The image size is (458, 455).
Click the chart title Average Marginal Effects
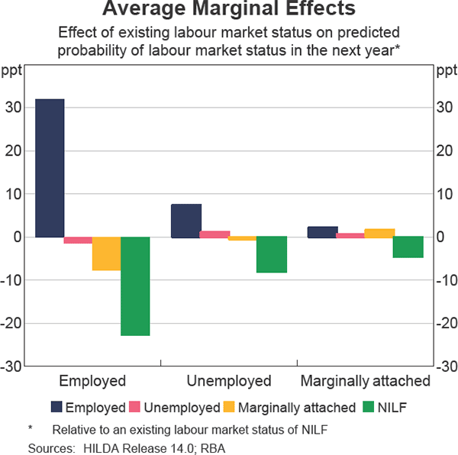tap(228, 11)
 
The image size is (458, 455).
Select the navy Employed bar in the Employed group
tap(50, 168)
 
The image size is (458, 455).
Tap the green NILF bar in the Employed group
tap(135, 286)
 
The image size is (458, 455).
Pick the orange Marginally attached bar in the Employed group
tap(107, 253)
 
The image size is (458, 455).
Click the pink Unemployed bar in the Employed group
tap(78, 240)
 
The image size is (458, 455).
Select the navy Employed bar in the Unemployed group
tap(186, 221)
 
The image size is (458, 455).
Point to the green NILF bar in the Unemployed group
tap(271, 254)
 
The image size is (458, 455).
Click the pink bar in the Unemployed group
tap(214, 234)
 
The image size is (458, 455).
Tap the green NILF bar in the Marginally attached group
tap(408, 247)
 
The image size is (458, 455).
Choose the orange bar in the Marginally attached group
tap(379, 233)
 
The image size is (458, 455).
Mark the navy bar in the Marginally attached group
tap(322, 232)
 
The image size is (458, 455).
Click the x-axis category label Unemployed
tap(229, 381)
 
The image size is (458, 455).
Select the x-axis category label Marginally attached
tap(365, 381)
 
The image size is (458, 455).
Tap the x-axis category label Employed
tap(92, 381)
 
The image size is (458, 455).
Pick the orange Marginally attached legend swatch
tap(229, 407)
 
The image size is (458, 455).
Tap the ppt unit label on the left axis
tap(12, 73)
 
